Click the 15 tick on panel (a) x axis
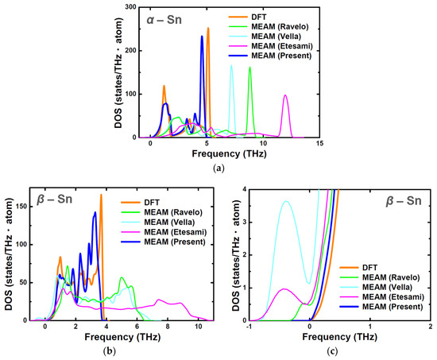[319, 143]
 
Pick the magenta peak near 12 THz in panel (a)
[285, 96]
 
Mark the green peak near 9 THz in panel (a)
[250, 68]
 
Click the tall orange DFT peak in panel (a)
[208, 29]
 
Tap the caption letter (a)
[218, 168]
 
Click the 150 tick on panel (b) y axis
[21, 205]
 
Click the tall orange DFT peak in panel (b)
[101, 195]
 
